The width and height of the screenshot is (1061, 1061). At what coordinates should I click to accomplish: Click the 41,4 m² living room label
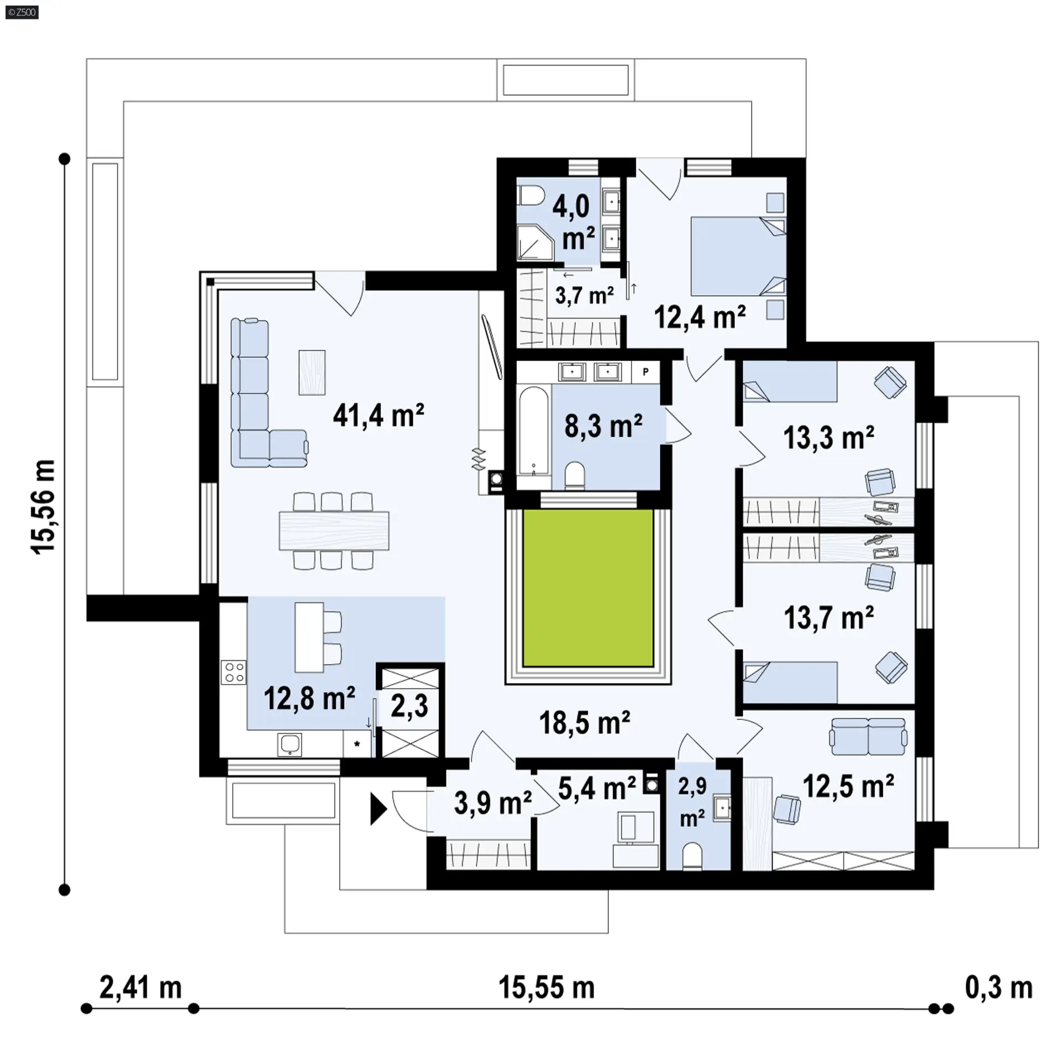(378, 416)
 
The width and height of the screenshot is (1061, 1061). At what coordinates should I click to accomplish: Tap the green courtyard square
(588, 588)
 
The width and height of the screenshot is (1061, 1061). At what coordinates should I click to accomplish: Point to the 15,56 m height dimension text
(43, 507)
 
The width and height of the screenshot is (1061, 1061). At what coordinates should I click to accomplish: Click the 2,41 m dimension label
(140, 987)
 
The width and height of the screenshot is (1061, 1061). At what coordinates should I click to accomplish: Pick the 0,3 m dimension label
(999, 987)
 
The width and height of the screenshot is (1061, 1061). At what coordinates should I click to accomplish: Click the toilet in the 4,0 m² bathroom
(531, 196)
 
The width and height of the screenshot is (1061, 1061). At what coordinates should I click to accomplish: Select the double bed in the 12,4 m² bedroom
(738, 256)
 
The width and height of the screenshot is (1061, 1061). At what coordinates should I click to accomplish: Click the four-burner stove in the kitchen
(233, 672)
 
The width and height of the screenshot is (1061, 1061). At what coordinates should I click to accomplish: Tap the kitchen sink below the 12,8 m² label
(290, 744)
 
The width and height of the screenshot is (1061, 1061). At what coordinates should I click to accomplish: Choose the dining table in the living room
(334, 531)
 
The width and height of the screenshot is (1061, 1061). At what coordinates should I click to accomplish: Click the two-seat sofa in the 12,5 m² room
(868, 736)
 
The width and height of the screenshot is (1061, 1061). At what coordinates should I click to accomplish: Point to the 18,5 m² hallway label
(585, 722)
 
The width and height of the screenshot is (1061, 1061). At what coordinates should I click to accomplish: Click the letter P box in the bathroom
(645, 372)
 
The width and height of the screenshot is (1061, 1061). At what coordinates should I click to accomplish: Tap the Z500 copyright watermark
(22, 12)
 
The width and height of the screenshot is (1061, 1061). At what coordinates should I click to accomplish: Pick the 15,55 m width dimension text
(547, 987)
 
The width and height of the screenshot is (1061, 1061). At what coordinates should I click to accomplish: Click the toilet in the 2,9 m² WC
(691, 856)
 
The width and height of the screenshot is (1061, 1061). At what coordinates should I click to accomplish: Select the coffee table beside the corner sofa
(312, 372)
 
